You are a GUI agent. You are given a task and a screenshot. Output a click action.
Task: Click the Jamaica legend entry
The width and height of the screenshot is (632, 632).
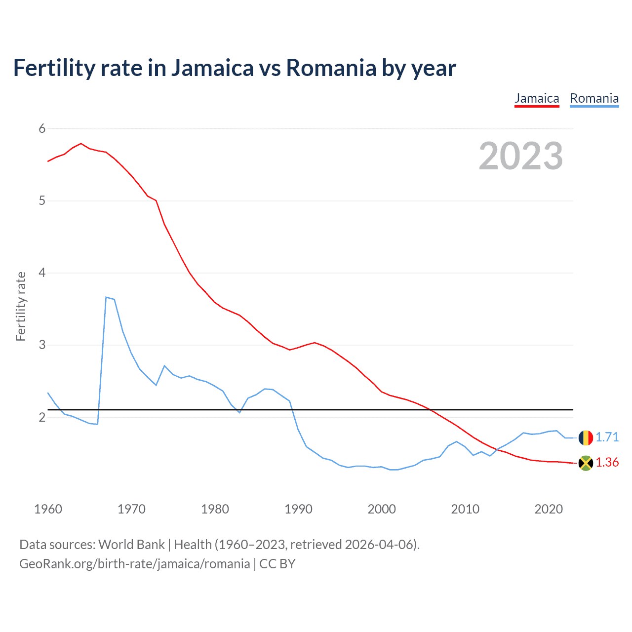(537, 98)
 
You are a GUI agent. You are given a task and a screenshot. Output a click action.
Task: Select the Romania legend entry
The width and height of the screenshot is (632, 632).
(594, 98)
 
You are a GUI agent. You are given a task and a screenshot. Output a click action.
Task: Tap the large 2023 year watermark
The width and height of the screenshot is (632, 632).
(520, 156)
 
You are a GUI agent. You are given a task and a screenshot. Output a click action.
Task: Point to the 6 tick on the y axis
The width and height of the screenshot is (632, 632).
(42, 129)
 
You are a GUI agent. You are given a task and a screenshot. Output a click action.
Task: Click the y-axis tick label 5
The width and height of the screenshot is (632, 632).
(42, 201)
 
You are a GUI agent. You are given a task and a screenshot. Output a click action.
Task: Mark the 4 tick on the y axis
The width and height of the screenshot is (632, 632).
(42, 273)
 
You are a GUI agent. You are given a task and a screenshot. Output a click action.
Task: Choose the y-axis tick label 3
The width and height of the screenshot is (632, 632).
(42, 345)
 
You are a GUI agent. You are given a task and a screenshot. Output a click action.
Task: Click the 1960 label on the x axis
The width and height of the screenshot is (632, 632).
(48, 509)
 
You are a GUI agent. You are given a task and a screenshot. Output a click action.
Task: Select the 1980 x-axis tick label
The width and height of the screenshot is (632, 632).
(215, 509)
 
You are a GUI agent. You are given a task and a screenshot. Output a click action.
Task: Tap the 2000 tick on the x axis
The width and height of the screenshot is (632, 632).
(382, 509)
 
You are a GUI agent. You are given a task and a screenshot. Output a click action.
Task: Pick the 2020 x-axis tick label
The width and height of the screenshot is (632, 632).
(549, 509)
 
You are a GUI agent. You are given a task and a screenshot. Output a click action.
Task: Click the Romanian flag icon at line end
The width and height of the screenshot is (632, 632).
(586, 437)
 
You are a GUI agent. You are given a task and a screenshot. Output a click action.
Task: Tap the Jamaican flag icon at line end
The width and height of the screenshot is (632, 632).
(586, 463)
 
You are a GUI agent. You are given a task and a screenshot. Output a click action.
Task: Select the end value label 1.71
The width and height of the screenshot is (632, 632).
(607, 437)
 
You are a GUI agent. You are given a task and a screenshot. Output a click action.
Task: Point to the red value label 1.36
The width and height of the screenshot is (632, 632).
(607, 463)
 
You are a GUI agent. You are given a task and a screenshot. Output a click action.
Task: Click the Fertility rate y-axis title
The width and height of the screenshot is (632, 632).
(21, 306)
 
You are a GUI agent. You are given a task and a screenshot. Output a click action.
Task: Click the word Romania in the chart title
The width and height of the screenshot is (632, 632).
(331, 68)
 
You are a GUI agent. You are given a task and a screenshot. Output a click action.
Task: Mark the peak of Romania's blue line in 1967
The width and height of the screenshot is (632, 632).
(106, 297)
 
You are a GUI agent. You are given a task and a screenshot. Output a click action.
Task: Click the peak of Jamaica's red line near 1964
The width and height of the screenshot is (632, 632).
(81, 144)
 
